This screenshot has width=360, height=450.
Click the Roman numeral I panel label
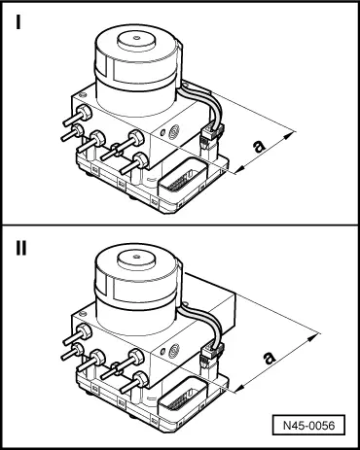[x=18, y=22]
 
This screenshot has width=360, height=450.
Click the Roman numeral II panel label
[x=21, y=249]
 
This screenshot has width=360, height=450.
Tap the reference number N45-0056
[x=308, y=425]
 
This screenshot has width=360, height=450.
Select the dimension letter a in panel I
[x=259, y=146]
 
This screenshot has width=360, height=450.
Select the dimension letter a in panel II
[x=269, y=358]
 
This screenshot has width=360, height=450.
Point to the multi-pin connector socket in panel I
[x=183, y=180]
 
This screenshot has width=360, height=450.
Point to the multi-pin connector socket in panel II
[x=183, y=398]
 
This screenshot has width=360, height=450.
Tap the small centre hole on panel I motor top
[x=137, y=38]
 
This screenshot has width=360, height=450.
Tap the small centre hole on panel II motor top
[x=137, y=257]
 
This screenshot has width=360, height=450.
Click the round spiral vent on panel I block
[x=173, y=132]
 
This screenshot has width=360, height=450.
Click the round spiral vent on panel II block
[x=173, y=351]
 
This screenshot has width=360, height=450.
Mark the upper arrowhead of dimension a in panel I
[x=290, y=134]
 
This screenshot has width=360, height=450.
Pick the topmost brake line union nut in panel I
[x=85, y=112]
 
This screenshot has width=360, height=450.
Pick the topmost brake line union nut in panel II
[x=85, y=331]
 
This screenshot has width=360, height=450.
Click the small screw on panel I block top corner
[x=82, y=94]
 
